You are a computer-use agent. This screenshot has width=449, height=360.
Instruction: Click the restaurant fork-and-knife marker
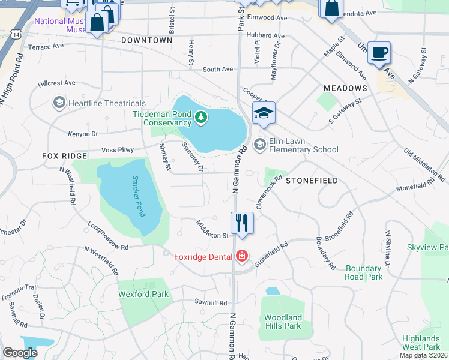click(242, 223)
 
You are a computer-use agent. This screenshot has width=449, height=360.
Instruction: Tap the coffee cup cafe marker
click(379, 53)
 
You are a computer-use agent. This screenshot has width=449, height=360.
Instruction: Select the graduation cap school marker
click(264, 113)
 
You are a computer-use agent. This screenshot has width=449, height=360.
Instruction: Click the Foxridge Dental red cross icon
click(242, 257)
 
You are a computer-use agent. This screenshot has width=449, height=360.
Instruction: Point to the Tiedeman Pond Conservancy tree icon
click(200, 118)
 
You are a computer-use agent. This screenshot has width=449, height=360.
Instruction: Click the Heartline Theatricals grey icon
click(59, 103)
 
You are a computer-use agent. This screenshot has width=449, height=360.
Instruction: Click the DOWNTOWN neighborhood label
click(146, 40)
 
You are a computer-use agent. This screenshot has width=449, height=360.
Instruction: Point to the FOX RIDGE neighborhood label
click(65, 156)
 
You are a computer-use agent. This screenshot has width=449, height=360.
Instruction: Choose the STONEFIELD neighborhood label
click(312, 180)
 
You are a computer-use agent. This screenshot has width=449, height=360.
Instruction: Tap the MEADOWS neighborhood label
click(345, 88)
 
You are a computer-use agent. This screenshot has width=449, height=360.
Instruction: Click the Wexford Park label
click(143, 294)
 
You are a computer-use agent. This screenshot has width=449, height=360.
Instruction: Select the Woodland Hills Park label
click(283, 322)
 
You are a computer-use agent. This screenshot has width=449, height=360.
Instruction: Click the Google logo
click(20, 353)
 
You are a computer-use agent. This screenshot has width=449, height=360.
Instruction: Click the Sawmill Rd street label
click(211, 303)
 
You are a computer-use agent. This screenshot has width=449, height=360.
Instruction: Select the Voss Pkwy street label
click(116, 150)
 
